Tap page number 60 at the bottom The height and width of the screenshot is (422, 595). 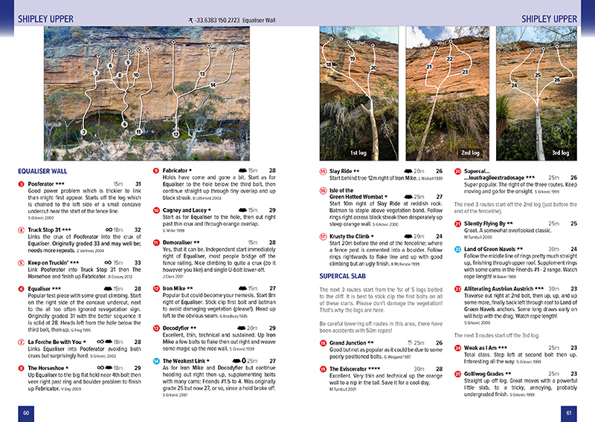click(25, 412)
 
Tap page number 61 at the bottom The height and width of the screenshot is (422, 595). click(568, 412)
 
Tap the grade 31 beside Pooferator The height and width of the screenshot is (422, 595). click(138, 183)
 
